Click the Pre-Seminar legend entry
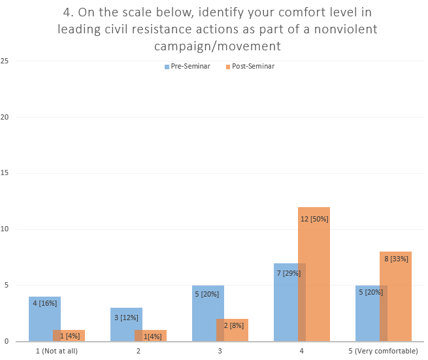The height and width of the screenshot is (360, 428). (187, 66)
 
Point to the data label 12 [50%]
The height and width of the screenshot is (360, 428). (314, 220)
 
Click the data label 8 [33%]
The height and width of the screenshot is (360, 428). (396, 259)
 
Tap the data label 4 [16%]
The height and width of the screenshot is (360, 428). (44, 303)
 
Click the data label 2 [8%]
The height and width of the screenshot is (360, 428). (233, 325)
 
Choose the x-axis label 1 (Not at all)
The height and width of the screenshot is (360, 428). (57, 351)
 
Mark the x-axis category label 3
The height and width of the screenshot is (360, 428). (220, 351)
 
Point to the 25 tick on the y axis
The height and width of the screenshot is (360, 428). (5, 61)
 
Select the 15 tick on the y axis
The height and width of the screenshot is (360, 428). (5, 173)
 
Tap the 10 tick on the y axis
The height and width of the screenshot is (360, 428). (5, 229)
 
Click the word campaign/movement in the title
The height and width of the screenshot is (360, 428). (218, 46)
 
